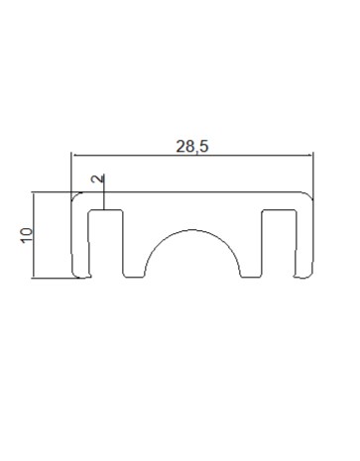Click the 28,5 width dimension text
[192, 147]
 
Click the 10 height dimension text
[27, 235]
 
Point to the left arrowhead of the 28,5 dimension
[74, 155]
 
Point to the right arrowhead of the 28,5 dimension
[309, 155]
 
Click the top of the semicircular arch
[192, 230]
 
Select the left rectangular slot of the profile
[106, 243]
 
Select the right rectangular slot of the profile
[279, 243]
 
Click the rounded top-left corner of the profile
[75, 195]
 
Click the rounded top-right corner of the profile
[309, 195]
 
